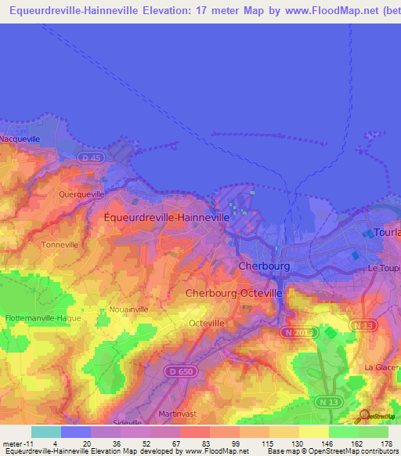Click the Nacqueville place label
click(x=20, y=139)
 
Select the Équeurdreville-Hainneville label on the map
click(x=167, y=217)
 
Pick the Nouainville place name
click(x=128, y=309)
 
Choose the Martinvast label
click(x=175, y=413)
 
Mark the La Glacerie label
click(x=382, y=367)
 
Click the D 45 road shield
click(x=91, y=157)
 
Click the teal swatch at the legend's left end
click(x=45, y=432)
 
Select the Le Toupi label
click(x=385, y=268)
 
